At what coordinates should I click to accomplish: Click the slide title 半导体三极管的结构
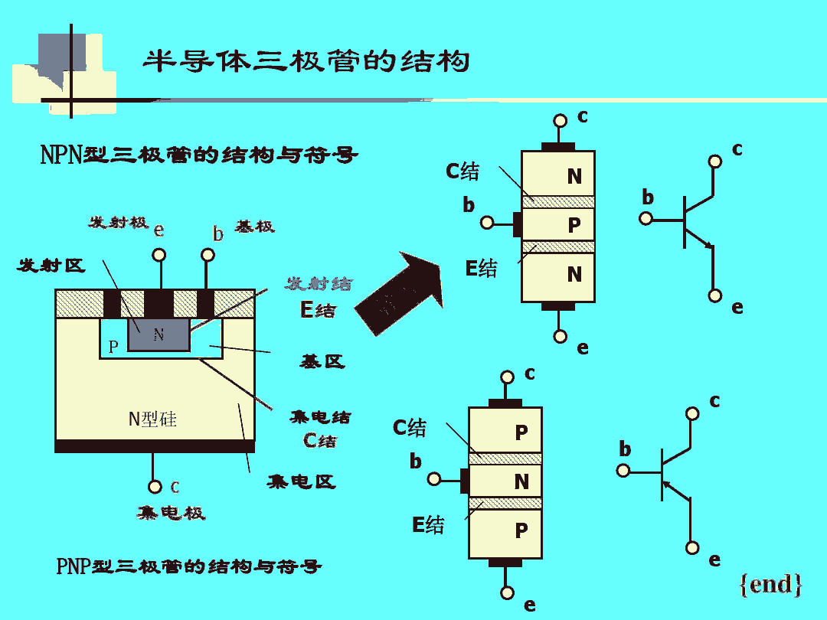(x=306, y=61)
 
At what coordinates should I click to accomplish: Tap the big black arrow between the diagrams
(x=401, y=295)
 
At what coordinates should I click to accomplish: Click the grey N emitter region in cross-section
(x=159, y=334)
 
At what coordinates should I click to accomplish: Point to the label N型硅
(x=152, y=419)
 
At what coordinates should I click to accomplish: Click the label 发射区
(x=51, y=266)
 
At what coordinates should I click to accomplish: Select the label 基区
(x=322, y=361)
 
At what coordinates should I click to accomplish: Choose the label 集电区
(x=301, y=481)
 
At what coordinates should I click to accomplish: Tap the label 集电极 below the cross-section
(x=171, y=512)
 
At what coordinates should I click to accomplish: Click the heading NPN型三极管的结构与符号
(x=198, y=155)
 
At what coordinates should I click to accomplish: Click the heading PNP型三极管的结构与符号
(x=188, y=567)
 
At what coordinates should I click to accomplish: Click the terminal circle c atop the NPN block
(x=560, y=121)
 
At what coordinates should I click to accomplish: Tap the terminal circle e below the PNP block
(x=507, y=592)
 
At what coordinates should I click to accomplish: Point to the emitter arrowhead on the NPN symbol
(x=708, y=246)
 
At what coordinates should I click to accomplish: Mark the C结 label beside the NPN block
(x=463, y=171)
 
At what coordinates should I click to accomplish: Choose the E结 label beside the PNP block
(x=428, y=525)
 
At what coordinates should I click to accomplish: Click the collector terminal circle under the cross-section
(x=155, y=487)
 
